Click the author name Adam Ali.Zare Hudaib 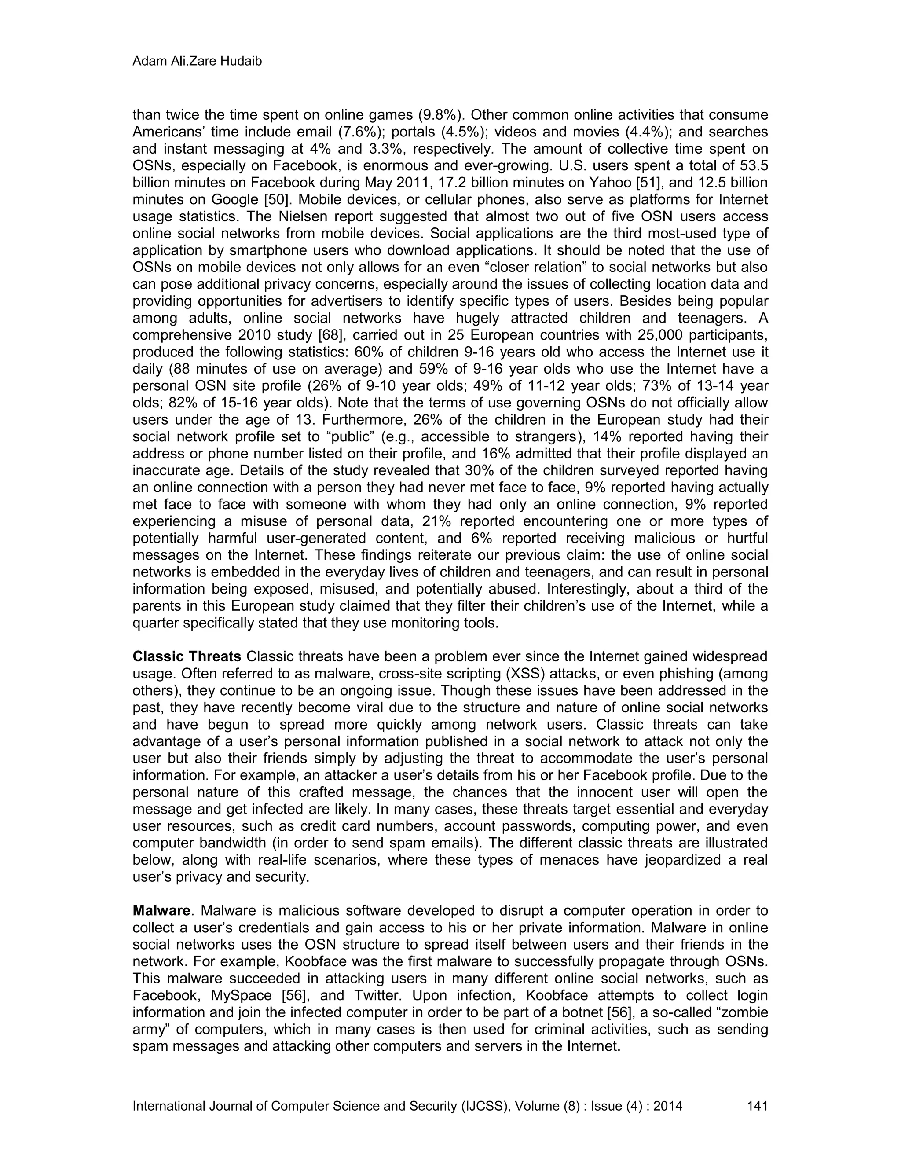coord(197,62)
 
